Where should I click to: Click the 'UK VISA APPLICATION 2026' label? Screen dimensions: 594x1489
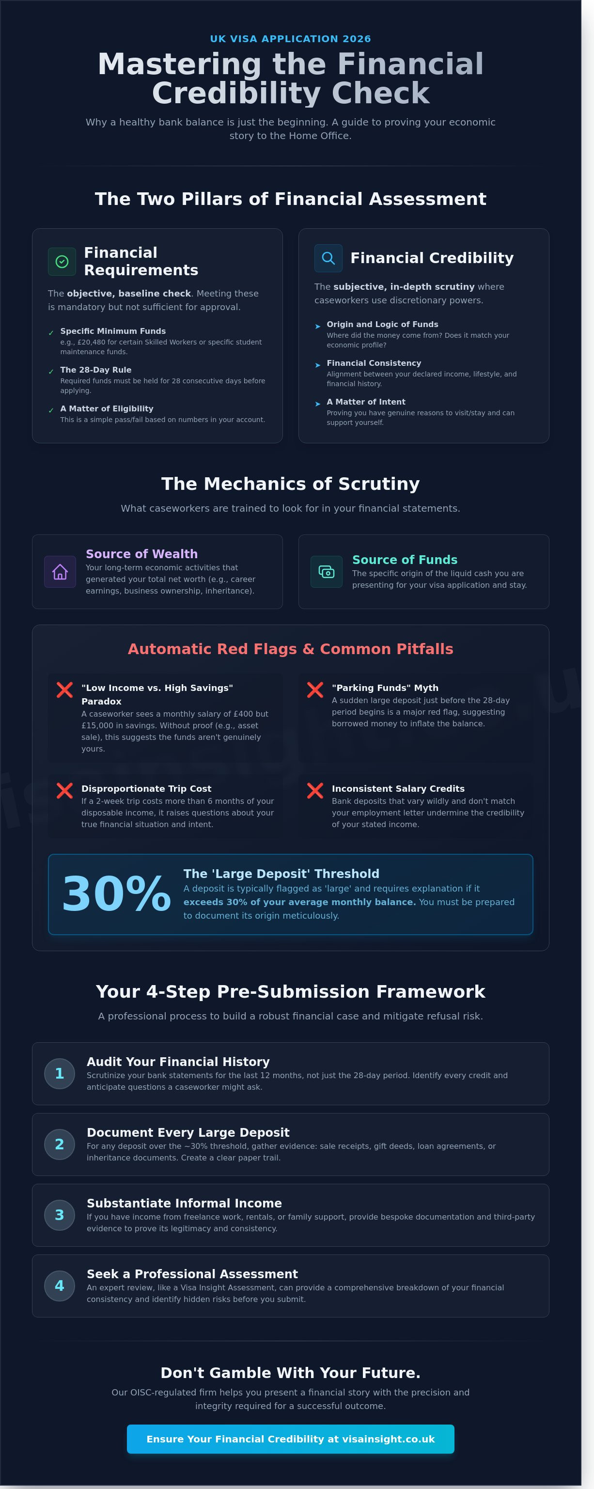tap(290, 39)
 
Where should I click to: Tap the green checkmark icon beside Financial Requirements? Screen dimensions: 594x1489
tap(62, 262)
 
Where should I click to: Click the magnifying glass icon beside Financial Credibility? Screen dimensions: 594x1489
tap(328, 258)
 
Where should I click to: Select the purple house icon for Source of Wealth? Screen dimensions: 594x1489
tap(60, 572)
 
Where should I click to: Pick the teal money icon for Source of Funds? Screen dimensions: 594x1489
tap(327, 572)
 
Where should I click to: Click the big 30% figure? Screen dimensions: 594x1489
tap(116, 893)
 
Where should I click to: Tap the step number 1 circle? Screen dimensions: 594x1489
tap(60, 1073)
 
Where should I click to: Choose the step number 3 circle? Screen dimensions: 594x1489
tap(60, 1215)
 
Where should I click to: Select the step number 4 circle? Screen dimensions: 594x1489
tap(60, 1285)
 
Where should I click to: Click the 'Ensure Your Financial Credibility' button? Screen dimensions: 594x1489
tap(291, 1439)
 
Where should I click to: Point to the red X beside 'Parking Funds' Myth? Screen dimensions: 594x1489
tap(315, 690)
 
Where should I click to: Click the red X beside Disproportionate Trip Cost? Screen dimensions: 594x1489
tap(65, 790)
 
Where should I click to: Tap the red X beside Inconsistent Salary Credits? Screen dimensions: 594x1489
tap(315, 790)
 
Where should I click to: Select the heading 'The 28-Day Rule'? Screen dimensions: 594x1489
tap(96, 370)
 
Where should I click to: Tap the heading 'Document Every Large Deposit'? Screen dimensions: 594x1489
tap(188, 1132)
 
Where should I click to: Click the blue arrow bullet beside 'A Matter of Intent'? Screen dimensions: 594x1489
tap(318, 404)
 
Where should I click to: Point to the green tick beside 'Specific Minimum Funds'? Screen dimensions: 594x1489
tap(51, 333)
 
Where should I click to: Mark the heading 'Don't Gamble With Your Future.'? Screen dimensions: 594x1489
tap(291, 1372)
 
